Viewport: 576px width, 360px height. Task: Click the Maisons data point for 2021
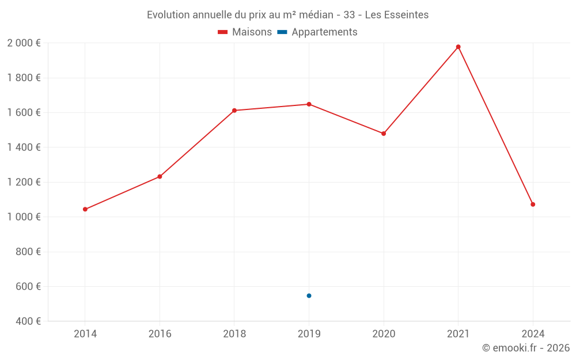point(458,47)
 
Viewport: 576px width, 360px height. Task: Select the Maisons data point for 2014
point(85,209)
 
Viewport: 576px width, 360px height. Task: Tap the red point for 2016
point(160,176)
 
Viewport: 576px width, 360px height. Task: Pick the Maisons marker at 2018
point(234,110)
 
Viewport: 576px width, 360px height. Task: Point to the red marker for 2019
point(309,104)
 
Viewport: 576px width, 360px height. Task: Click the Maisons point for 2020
point(384,133)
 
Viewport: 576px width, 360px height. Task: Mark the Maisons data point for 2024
point(533,204)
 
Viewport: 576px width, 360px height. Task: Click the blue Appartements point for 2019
point(309,295)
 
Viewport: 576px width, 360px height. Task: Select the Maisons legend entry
point(245,32)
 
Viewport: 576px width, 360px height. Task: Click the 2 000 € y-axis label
point(24,43)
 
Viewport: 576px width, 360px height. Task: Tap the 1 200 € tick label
point(24,182)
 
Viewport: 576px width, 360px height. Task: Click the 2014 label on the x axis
point(85,334)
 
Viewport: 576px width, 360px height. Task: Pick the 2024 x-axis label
point(533,334)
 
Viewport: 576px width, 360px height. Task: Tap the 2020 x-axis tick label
point(384,334)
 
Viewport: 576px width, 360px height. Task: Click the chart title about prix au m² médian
point(287,15)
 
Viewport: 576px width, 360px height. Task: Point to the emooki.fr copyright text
point(525,348)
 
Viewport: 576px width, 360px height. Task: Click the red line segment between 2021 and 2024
point(495,126)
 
